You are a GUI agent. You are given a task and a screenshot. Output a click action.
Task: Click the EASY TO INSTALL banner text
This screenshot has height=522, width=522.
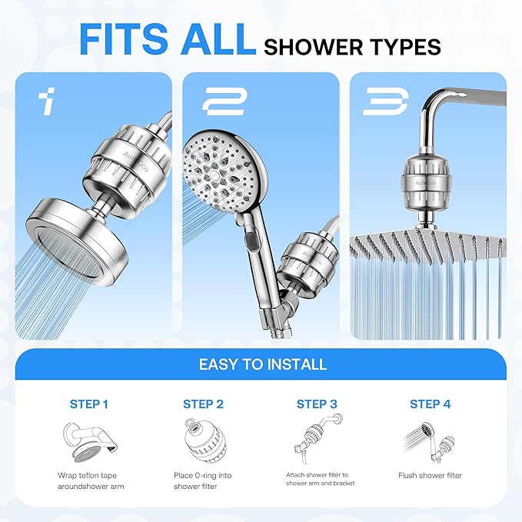[263, 364]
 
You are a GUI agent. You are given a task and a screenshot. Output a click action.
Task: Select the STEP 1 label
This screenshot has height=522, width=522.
[88, 404]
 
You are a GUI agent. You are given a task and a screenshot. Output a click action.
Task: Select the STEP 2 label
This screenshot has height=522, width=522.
[203, 404]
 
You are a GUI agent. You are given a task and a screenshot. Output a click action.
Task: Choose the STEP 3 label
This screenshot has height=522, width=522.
[317, 404]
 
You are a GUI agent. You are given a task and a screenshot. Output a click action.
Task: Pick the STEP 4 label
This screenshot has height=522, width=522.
[430, 404]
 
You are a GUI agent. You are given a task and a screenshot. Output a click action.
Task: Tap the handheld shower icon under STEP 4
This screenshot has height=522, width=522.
[427, 441]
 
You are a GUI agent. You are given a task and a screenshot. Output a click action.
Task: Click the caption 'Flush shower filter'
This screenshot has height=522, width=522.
[430, 476]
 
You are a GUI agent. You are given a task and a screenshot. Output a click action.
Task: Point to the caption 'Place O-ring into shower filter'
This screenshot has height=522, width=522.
[203, 480]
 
